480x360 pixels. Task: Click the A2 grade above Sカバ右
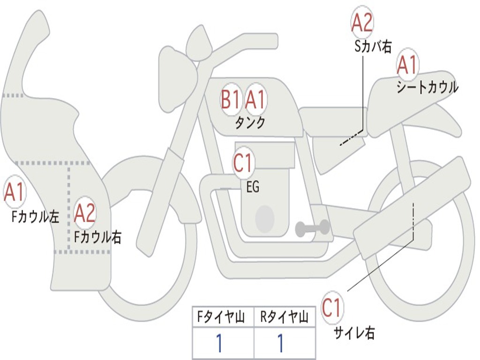[362, 22]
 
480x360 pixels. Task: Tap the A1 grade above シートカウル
[407, 65]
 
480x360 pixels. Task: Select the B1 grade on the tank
[230, 99]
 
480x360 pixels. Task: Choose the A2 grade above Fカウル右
[85, 213]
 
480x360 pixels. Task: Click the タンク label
[250, 123]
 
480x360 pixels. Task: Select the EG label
[253, 187]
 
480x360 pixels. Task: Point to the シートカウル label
[427, 87]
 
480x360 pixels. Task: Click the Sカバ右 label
[373, 46]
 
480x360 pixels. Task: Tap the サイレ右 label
[354, 333]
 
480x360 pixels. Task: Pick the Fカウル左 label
[35, 217]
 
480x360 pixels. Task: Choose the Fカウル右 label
[98, 237]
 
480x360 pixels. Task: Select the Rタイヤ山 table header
[284, 317]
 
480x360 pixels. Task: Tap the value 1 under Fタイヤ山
[219, 343]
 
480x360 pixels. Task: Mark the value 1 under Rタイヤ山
[280, 343]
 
